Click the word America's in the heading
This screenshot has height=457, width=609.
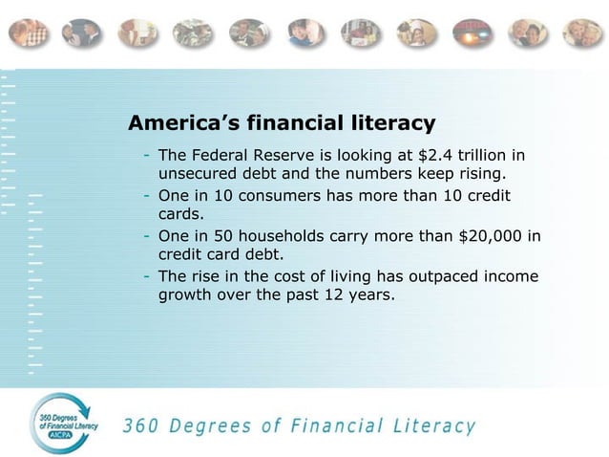click(182, 123)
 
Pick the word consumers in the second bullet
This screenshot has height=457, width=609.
click(264, 196)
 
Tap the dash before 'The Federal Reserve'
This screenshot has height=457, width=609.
click(147, 156)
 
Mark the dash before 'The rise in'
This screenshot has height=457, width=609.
click(147, 276)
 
